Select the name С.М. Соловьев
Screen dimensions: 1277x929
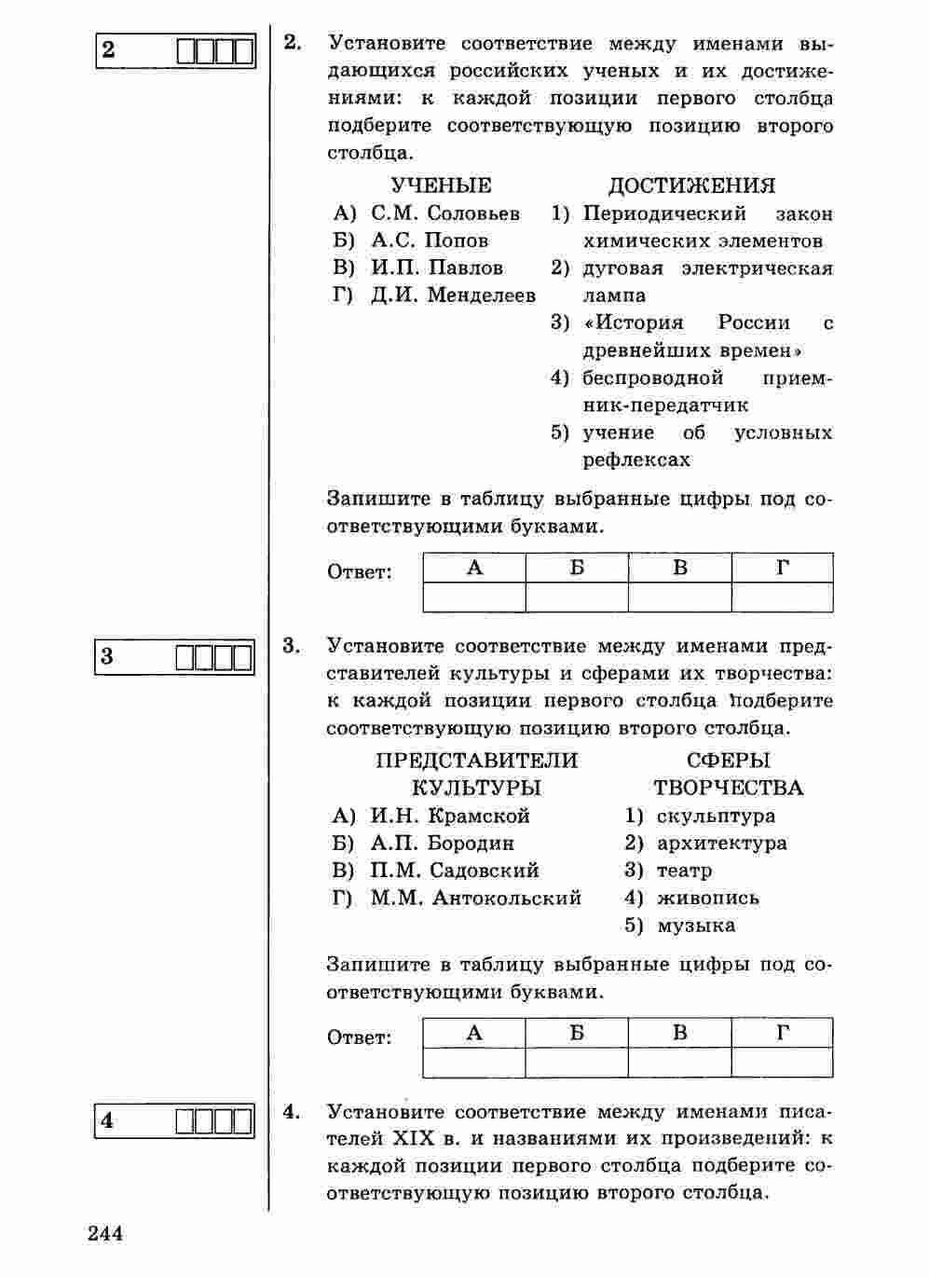point(445,213)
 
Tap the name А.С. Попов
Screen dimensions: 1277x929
point(430,240)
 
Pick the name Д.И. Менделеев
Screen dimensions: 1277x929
point(453,295)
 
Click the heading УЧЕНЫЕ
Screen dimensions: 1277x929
point(441,185)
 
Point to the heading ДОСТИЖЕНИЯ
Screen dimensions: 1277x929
point(691,185)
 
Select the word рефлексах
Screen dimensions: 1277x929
point(637,460)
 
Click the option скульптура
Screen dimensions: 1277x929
point(716,816)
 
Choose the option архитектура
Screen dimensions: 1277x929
point(721,844)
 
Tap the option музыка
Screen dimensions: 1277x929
point(696,926)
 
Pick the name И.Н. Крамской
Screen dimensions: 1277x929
point(450,816)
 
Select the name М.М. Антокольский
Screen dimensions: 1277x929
point(475,898)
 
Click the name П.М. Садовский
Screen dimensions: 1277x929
point(455,871)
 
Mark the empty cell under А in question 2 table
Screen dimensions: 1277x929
point(474,597)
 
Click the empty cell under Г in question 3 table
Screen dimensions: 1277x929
point(782,1063)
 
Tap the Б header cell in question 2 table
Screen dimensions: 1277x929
point(577,568)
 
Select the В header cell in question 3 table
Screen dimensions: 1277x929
point(679,1033)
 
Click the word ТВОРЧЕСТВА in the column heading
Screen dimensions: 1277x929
point(728,789)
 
